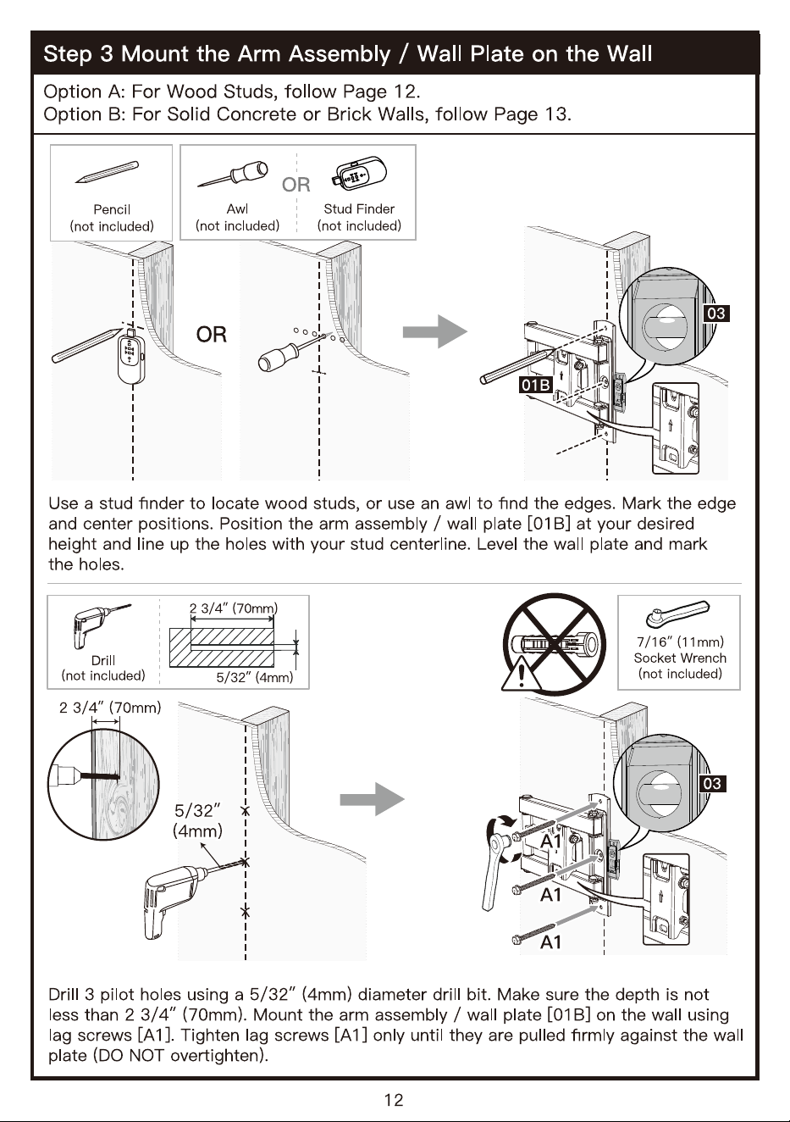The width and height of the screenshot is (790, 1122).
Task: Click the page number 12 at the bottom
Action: tap(394, 1099)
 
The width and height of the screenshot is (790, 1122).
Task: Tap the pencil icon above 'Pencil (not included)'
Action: tap(108, 172)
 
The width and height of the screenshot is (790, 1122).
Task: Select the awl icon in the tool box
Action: tap(233, 175)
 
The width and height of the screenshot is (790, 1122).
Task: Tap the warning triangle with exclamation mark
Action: tap(521, 672)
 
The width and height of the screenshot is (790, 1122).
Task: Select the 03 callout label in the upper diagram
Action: tap(715, 313)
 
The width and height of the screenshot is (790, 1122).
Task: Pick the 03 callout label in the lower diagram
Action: tap(712, 783)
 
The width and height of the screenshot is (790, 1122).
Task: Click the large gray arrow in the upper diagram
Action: tap(435, 331)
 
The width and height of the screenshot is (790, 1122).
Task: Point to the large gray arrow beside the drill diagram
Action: tap(372, 799)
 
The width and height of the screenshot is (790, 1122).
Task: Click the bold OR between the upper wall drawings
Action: tap(212, 335)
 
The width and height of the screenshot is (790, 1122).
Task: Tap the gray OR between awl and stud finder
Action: tap(296, 185)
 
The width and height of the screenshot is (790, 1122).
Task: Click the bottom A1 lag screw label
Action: tap(550, 942)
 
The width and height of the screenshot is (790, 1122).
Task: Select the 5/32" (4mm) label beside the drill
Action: tap(197, 820)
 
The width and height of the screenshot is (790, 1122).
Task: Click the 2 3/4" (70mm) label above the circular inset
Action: tap(110, 708)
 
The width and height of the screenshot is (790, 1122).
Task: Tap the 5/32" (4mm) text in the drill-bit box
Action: tap(254, 678)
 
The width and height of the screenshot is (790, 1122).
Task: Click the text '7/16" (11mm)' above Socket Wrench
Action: tap(680, 642)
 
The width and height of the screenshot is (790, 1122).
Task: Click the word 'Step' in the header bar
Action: tap(68, 54)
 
